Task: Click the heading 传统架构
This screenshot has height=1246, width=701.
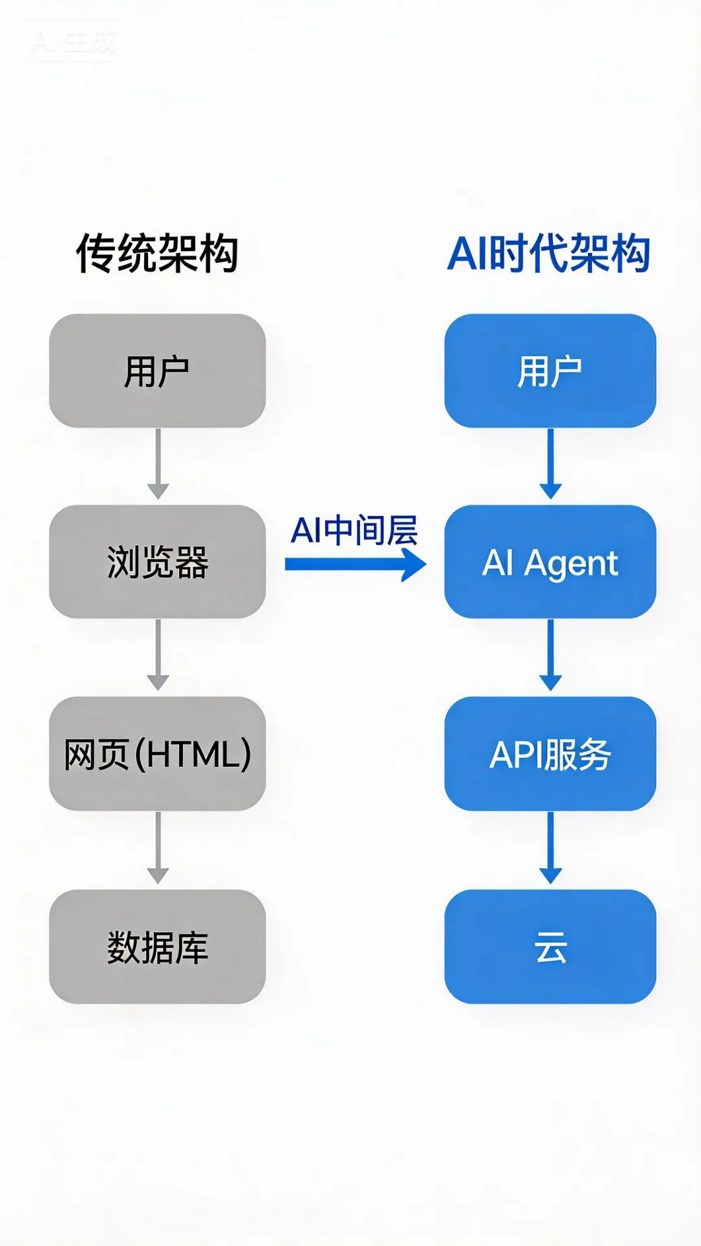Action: [x=157, y=253]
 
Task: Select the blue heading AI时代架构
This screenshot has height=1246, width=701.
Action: [x=549, y=253]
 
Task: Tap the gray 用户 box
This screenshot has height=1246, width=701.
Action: [x=157, y=371]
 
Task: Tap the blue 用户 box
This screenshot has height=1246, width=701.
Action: [x=550, y=371]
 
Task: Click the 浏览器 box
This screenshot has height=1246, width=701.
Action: [x=157, y=561]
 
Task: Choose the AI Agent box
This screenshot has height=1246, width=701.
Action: [x=550, y=561]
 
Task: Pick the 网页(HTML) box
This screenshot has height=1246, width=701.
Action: [x=157, y=753]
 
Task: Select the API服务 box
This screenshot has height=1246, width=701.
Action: [x=550, y=753]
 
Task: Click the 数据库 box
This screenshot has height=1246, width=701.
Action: [x=157, y=946]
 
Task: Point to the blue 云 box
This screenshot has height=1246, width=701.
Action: [x=550, y=946]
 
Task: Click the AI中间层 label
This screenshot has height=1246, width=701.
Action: [x=354, y=530]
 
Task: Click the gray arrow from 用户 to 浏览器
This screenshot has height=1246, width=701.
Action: [x=158, y=463]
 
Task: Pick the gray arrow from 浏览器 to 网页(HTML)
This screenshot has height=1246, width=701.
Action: [x=158, y=655]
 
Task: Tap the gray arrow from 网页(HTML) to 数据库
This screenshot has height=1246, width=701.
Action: [x=158, y=848]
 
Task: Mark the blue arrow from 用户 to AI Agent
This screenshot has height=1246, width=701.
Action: [x=550, y=463]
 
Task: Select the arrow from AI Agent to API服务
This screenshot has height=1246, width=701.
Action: [x=550, y=655]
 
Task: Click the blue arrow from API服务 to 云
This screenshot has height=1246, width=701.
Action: [x=550, y=848]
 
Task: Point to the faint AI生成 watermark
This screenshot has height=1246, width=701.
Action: [x=73, y=42]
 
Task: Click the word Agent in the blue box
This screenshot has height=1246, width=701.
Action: [x=571, y=563]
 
